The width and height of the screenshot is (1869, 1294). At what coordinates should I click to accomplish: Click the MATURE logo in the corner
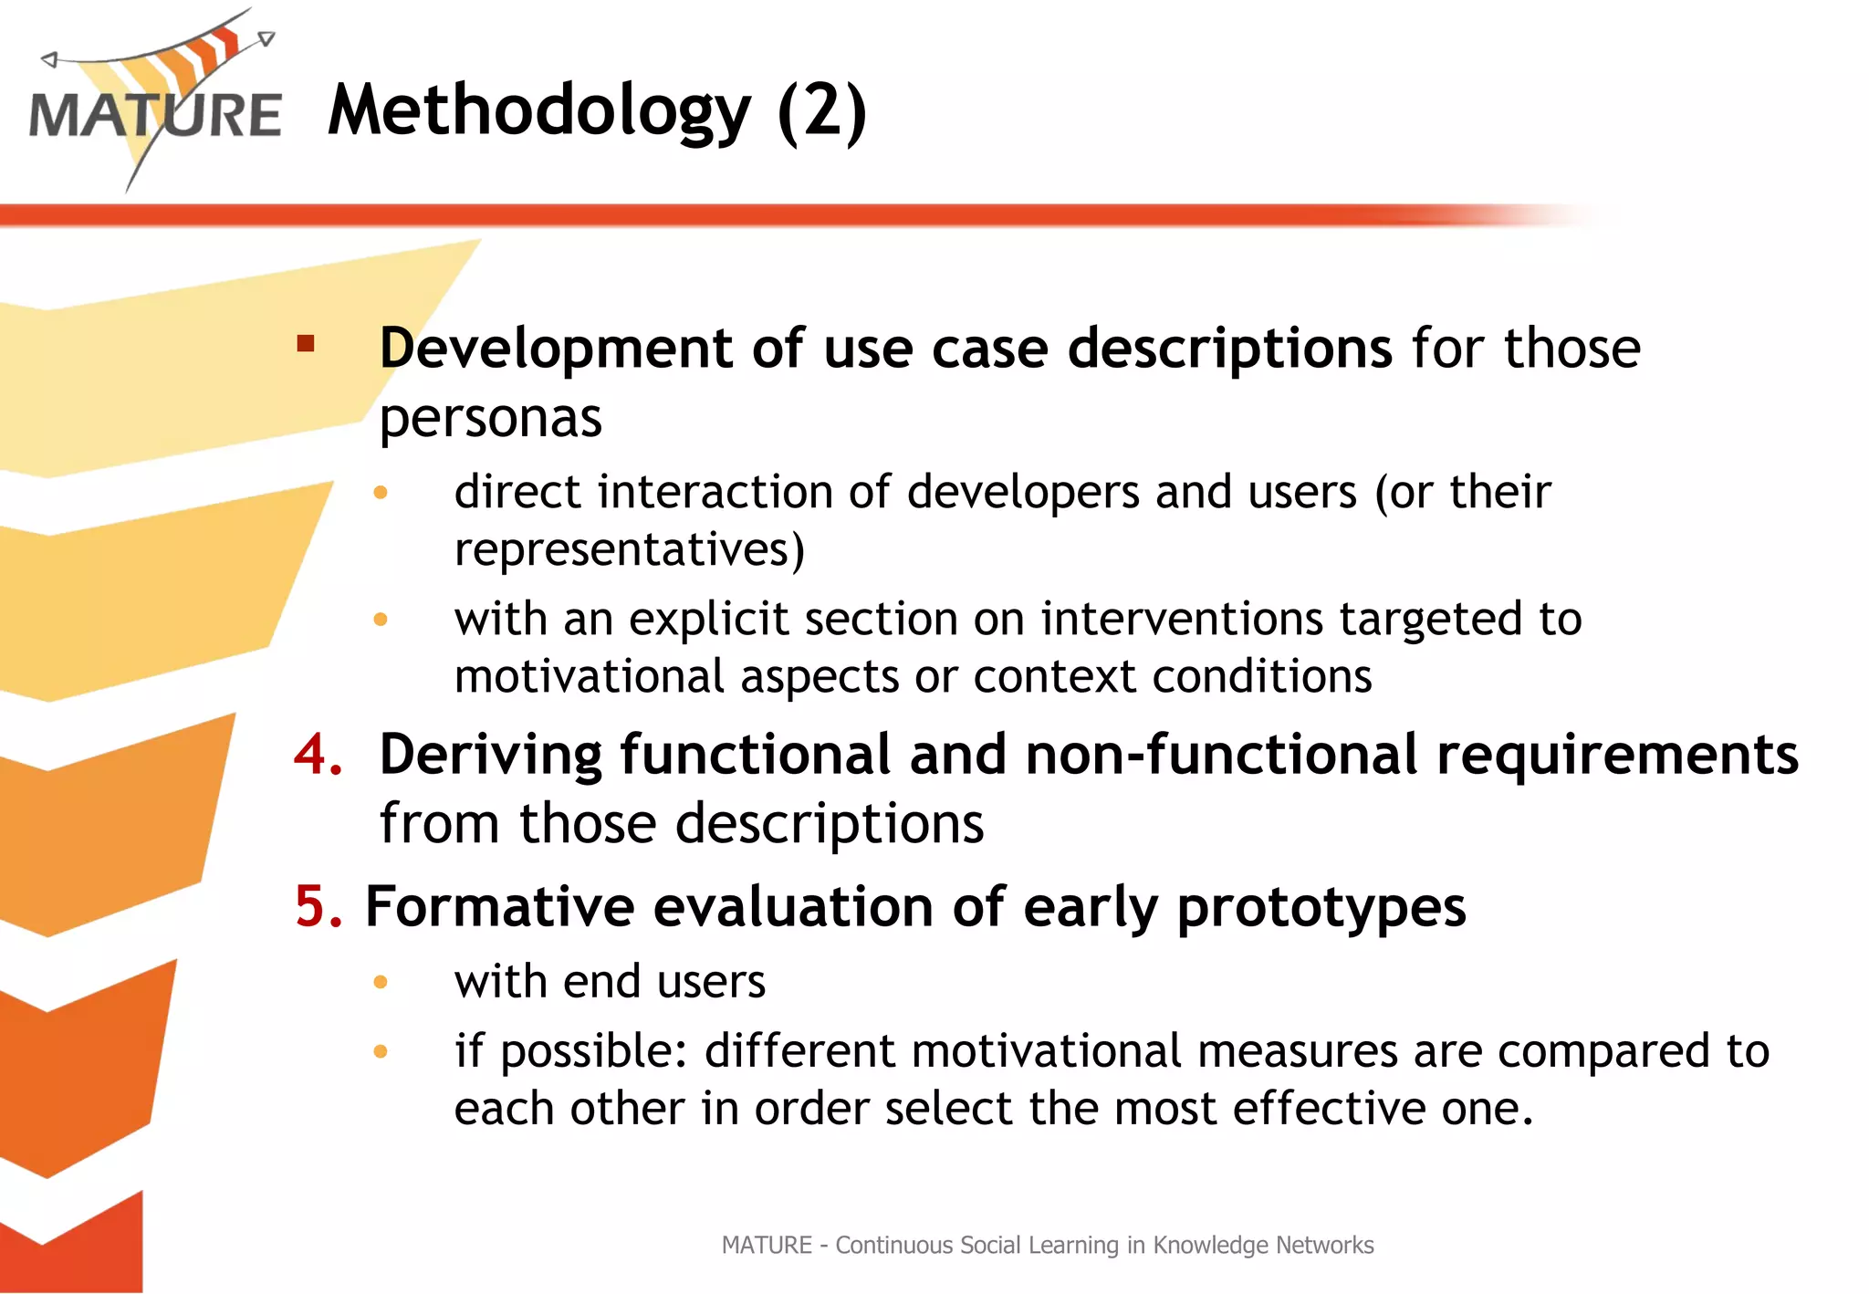pos(155,105)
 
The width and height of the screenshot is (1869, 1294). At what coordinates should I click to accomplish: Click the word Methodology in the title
pos(538,111)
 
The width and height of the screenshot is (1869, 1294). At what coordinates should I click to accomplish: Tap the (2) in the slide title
pos(821,111)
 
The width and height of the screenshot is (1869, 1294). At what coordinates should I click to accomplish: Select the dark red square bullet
pos(306,344)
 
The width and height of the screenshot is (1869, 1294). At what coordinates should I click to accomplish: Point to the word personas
pos(490,418)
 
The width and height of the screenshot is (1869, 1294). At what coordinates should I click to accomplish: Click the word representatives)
pos(630,549)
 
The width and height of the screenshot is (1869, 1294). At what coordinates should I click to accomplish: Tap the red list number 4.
pos(318,755)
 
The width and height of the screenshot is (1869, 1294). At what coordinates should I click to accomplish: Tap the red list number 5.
pos(318,907)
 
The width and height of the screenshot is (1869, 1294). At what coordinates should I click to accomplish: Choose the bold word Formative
pos(499,907)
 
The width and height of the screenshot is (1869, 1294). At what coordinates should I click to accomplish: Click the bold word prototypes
pos(1321,909)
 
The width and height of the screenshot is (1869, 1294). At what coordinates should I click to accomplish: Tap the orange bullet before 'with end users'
pos(381,982)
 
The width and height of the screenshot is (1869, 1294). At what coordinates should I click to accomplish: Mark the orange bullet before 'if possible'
pos(381,1051)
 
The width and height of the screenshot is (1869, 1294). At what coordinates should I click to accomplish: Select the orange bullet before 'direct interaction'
pos(381,493)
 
